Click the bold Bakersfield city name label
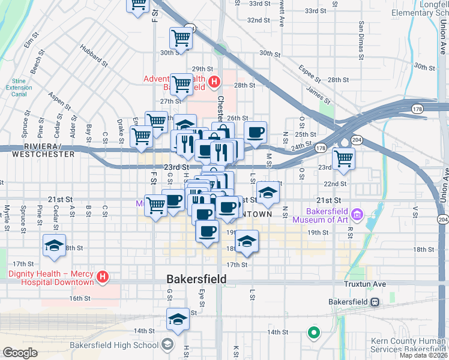[196, 279]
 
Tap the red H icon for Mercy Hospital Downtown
[103, 277]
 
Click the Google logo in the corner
[20, 353]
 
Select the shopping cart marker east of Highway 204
[344, 159]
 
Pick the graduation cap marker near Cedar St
[54, 245]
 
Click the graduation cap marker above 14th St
[178, 319]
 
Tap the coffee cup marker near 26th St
[256, 133]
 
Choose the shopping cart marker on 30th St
[181, 39]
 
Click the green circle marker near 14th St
[313, 331]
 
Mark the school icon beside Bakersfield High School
[167, 344]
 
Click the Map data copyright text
[425, 355]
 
